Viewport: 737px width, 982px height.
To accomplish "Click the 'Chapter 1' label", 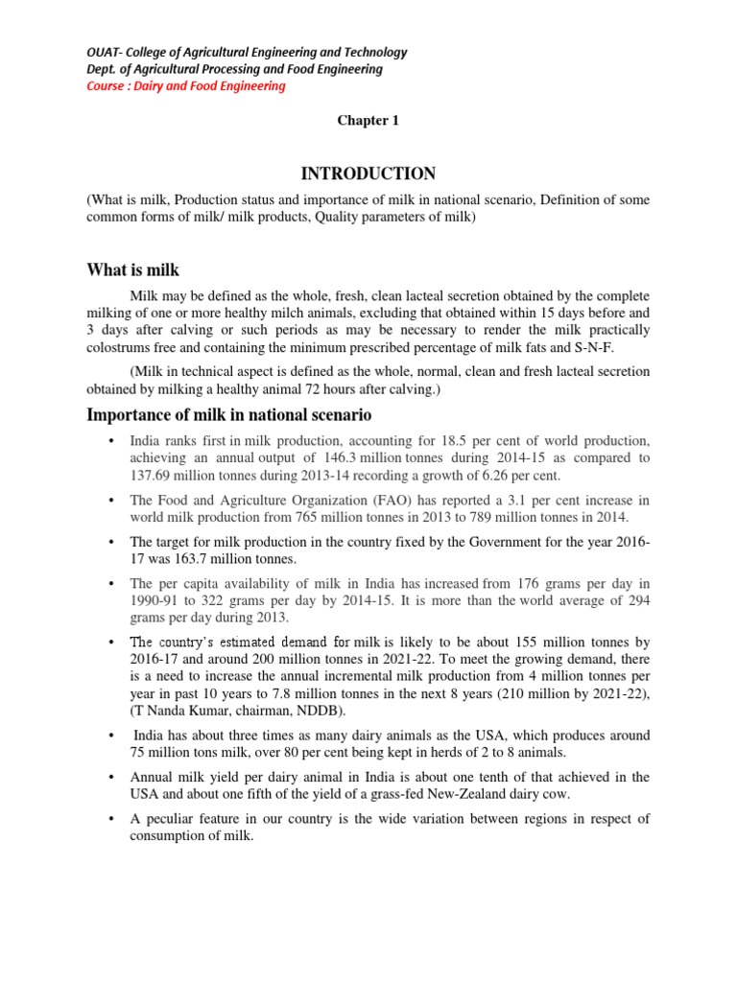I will coord(367,121).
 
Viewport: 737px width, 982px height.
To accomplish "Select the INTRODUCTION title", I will coord(368,174).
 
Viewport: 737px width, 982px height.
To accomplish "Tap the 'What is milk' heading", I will coord(132,270).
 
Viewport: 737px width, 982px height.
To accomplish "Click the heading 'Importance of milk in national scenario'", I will coord(228,414).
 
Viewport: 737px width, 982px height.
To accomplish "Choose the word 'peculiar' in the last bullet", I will coord(174,818).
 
